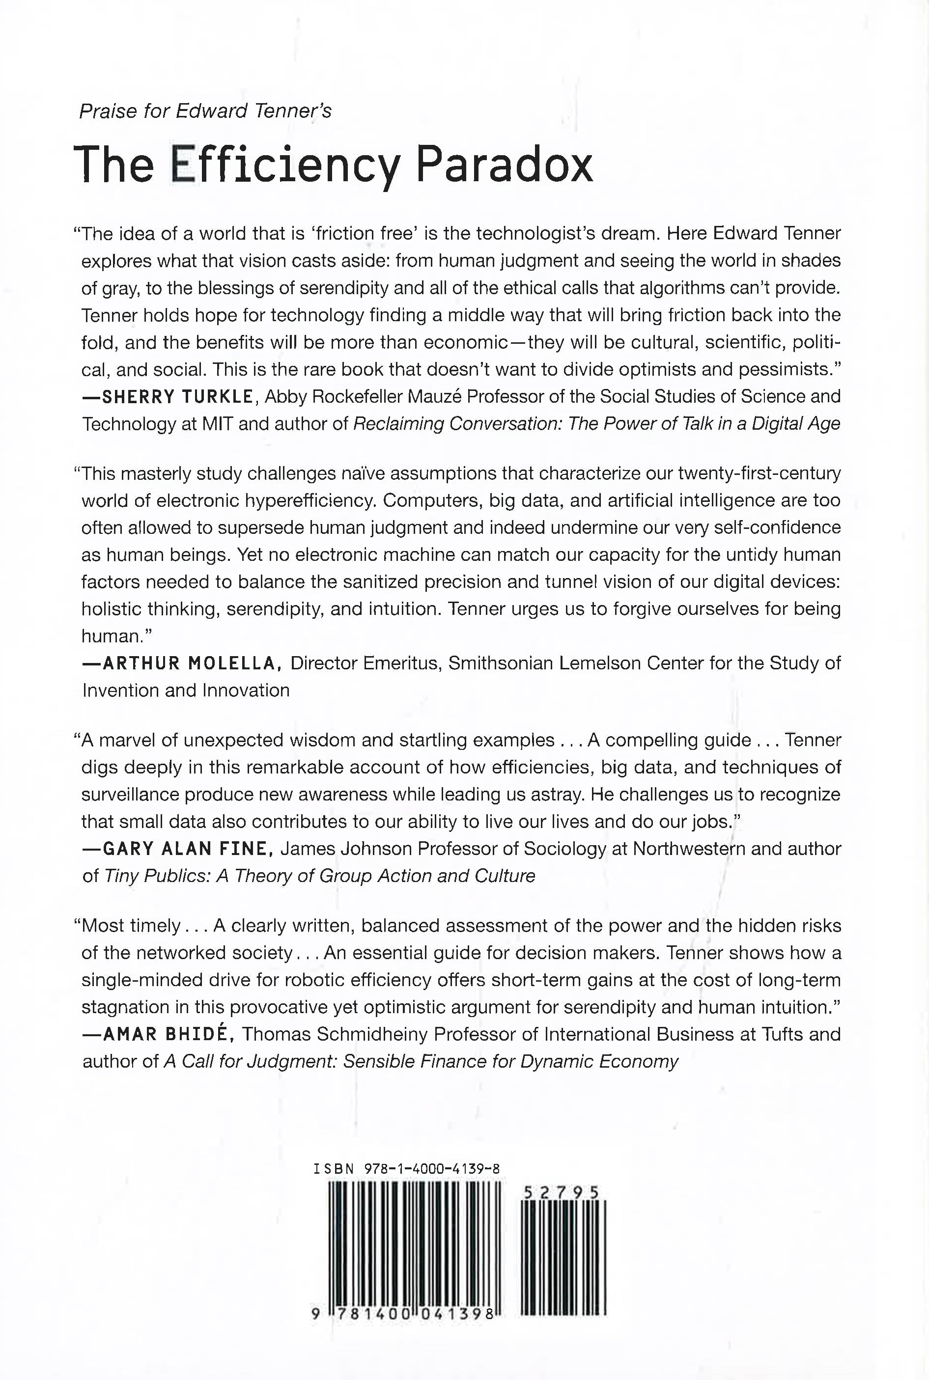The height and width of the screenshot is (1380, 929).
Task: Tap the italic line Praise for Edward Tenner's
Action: point(205,111)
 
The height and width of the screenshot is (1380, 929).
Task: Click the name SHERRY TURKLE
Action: point(178,397)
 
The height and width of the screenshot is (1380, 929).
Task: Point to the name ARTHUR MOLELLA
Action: point(190,663)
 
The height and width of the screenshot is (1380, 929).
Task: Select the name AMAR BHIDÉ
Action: point(169,1034)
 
